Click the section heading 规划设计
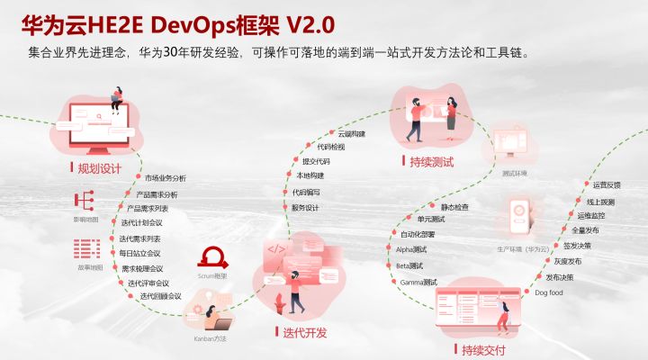99,167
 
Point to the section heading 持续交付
483,349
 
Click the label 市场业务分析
166,178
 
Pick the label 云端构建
352,133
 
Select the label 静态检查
454,207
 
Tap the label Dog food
548,292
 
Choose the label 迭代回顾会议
160,296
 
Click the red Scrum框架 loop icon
212,257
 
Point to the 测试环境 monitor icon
516,144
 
